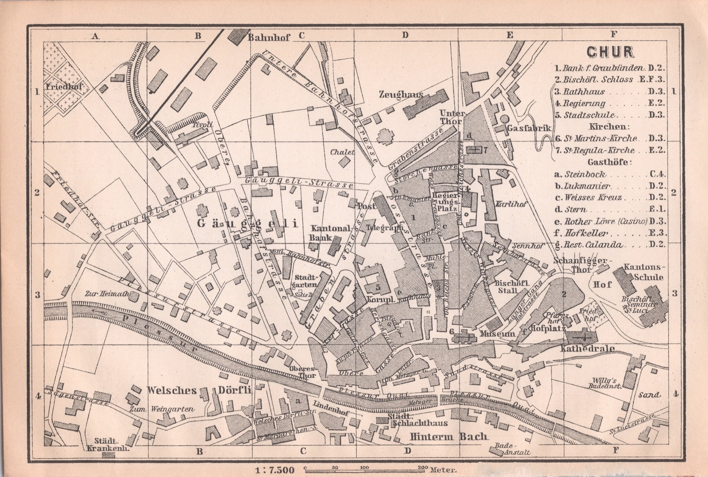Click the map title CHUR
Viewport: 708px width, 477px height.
coord(610,52)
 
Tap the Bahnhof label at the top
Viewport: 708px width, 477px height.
coord(268,37)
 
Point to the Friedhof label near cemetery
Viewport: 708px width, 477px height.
coord(63,86)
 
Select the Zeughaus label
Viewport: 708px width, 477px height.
coord(401,95)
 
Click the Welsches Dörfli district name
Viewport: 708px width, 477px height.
coord(199,390)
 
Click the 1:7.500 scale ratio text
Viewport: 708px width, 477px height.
coord(275,470)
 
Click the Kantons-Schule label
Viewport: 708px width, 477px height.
coord(644,272)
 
